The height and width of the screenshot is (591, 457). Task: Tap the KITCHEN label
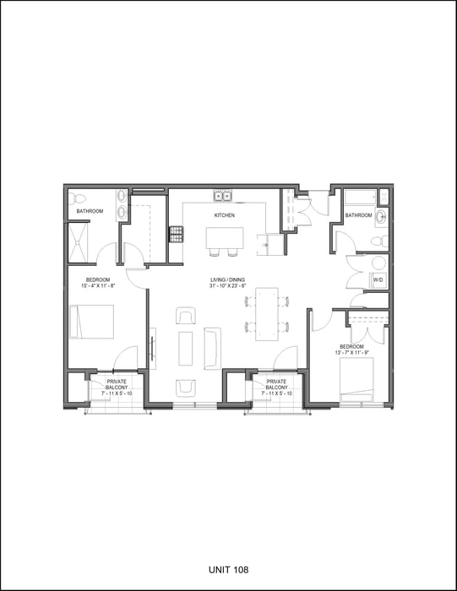pyautogui.click(x=224, y=215)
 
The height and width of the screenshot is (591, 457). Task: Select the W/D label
pyautogui.click(x=378, y=279)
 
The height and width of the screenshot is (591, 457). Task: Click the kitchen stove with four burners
pyautogui.click(x=177, y=233)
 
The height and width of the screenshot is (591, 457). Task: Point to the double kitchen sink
pyautogui.click(x=224, y=198)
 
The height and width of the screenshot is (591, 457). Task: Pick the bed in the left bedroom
pyautogui.click(x=91, y=322)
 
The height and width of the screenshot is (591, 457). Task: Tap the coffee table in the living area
pyautogui.click(x=186, y=347)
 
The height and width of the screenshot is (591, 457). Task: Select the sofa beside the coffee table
pyautogui.click(x=211, y=347)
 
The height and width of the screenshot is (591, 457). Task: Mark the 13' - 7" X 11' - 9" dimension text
pyautogui.click(x=351, y=353)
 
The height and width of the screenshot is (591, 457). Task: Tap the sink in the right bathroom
pyautogui.click(x=382, y=216)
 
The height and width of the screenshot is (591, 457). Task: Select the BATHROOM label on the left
pyautogui.click(x=90, y=211)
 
